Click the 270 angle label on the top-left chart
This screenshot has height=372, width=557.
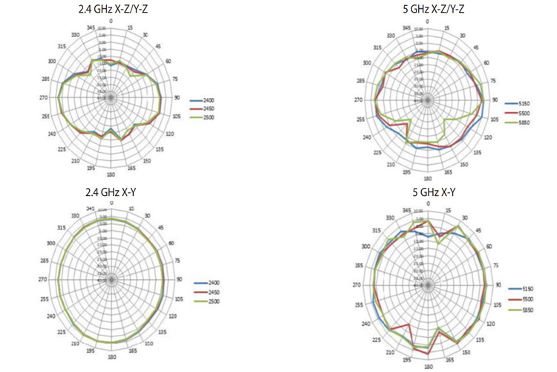click(43, 97)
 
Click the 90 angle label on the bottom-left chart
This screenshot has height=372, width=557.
click(179, 279)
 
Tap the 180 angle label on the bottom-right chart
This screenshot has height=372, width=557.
click(428, 366)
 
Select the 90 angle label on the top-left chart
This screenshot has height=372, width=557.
click(178, 97)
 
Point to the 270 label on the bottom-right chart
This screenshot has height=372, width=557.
click(356, 285)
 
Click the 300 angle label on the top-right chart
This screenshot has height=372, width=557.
click(367, 62)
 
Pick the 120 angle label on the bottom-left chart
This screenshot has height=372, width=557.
click(173, 316)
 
